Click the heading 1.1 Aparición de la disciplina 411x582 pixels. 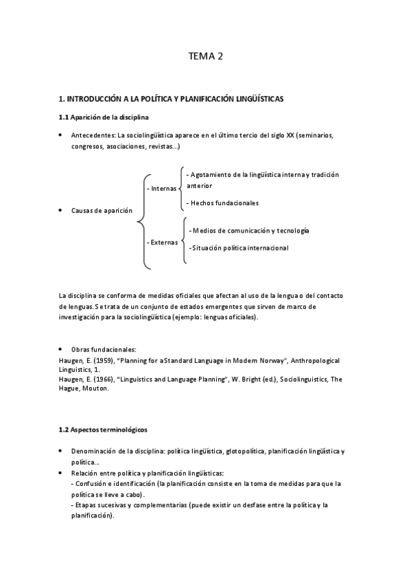pyautogui.click(x=103, y=117)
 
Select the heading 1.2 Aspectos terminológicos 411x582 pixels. pyautogui.click(x=103, y=430)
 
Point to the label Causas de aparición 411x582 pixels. pyautogui.click(x=102, y=210)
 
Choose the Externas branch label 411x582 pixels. pyautogui.click(x=162, y=242)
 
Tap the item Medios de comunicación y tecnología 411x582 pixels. pyautogui.click(x=250, y=231)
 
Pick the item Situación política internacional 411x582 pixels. pyautogui.click(x=240, y=248)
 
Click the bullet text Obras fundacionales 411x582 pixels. pyautogui.click(x=103, y=350)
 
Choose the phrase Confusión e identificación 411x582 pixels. pyautogui.click(x=113, y=483)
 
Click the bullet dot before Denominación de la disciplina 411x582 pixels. pyautogui.click(x=61, y=451)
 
